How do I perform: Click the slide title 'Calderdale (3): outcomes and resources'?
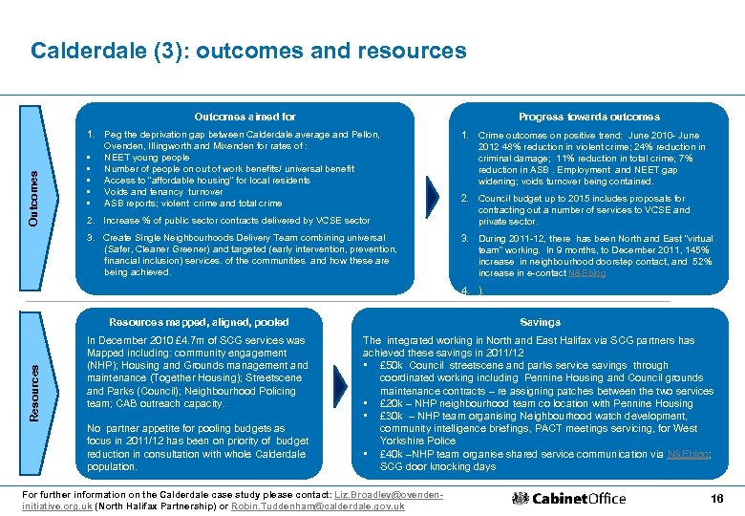pyautogui.click(x=248, y=51)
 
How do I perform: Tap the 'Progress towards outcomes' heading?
pyautogui.click(x=588, y=117)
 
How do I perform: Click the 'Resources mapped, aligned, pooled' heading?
pyautogui.click(x=199, y=322)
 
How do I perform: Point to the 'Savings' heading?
pyautogui.click(x=541, y=322)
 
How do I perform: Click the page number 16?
pyautogui.click(x=716, y=498)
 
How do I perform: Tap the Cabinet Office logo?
pyautogui.click(x=569, y=498)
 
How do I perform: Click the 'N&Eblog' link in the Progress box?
pyautogui.click(x=587, y=272)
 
